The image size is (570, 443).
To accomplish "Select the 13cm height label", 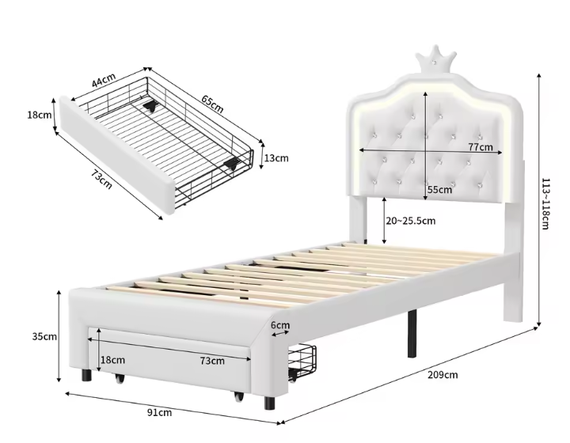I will tap(276, 157).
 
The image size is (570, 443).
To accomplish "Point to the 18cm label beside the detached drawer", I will tap(39, 115).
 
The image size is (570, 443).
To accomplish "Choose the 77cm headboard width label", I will tap(480, 147).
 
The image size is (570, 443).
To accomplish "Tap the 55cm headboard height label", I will tap(439, 189).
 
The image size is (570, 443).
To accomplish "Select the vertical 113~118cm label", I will tap(545, 202).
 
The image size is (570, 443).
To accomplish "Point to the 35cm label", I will tap(44, 336).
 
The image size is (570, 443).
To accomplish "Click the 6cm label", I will tap(279, 324).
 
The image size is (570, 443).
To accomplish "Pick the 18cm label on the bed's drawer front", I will tap(112, 360).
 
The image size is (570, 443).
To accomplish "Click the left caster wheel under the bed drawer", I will tap(121, 381).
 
